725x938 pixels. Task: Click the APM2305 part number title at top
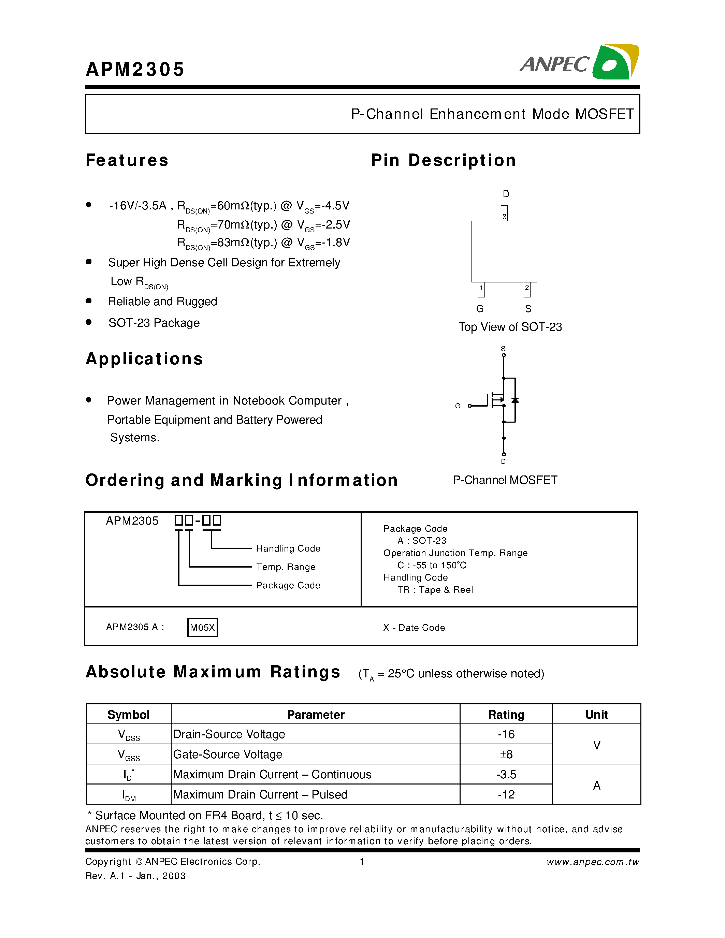point(135,69)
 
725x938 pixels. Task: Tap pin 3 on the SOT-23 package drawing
point(504,214)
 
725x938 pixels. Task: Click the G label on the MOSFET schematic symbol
point(458,406)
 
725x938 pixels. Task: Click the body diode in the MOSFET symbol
point(515,400)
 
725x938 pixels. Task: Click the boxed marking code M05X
point(202,628)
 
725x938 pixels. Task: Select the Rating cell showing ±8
point(506,754)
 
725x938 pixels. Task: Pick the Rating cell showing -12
point(506,794)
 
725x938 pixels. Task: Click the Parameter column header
point(315,715)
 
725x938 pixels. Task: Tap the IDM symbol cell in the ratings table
point(128,795)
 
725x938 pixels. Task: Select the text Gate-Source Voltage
point(228,754)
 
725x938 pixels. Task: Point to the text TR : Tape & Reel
point(435,590)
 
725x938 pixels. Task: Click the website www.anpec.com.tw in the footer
point(593,862)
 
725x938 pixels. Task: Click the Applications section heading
point(144,358)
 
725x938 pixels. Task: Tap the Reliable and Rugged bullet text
point(162,302)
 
